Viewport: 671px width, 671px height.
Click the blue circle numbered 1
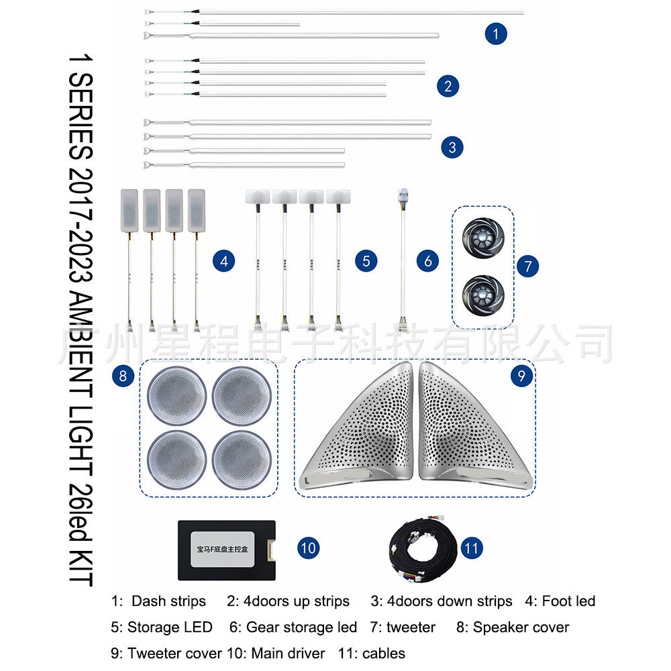(495, 34)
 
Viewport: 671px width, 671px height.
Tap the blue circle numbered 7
(527, 266)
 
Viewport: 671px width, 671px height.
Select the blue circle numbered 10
(308, 548)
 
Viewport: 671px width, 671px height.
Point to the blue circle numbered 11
(472, 548)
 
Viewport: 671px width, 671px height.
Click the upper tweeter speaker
(481, 238)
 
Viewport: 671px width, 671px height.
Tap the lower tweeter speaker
(481, 293)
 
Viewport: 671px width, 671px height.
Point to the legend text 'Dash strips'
(168, 601)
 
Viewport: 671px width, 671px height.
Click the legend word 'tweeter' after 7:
(411, 627)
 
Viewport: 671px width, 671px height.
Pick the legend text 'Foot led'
(568, 601)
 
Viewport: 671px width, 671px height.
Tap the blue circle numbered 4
(224, 261)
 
